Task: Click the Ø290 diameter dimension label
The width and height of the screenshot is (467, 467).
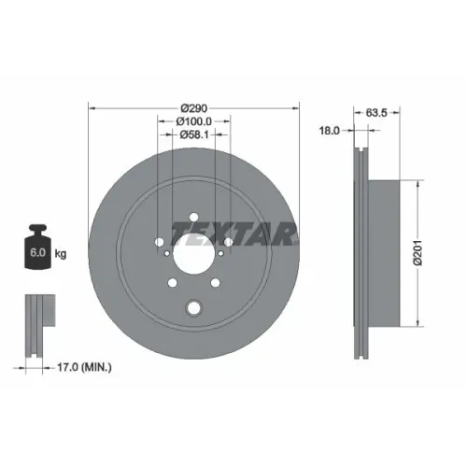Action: click(194, 108)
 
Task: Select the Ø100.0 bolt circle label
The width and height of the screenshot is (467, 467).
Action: click(194, 121)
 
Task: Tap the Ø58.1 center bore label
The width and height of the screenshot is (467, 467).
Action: click(194, 134)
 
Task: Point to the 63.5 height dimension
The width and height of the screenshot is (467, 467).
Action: click(376, 112)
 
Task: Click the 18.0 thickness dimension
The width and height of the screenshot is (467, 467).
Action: click(330, 131)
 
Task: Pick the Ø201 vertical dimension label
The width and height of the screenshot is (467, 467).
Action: click(417, 252)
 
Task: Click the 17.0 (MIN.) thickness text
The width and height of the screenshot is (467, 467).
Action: click(84, 368)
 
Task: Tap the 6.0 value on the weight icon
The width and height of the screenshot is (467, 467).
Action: click(37, 252)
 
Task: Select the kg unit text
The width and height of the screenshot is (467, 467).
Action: click(61, 254)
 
